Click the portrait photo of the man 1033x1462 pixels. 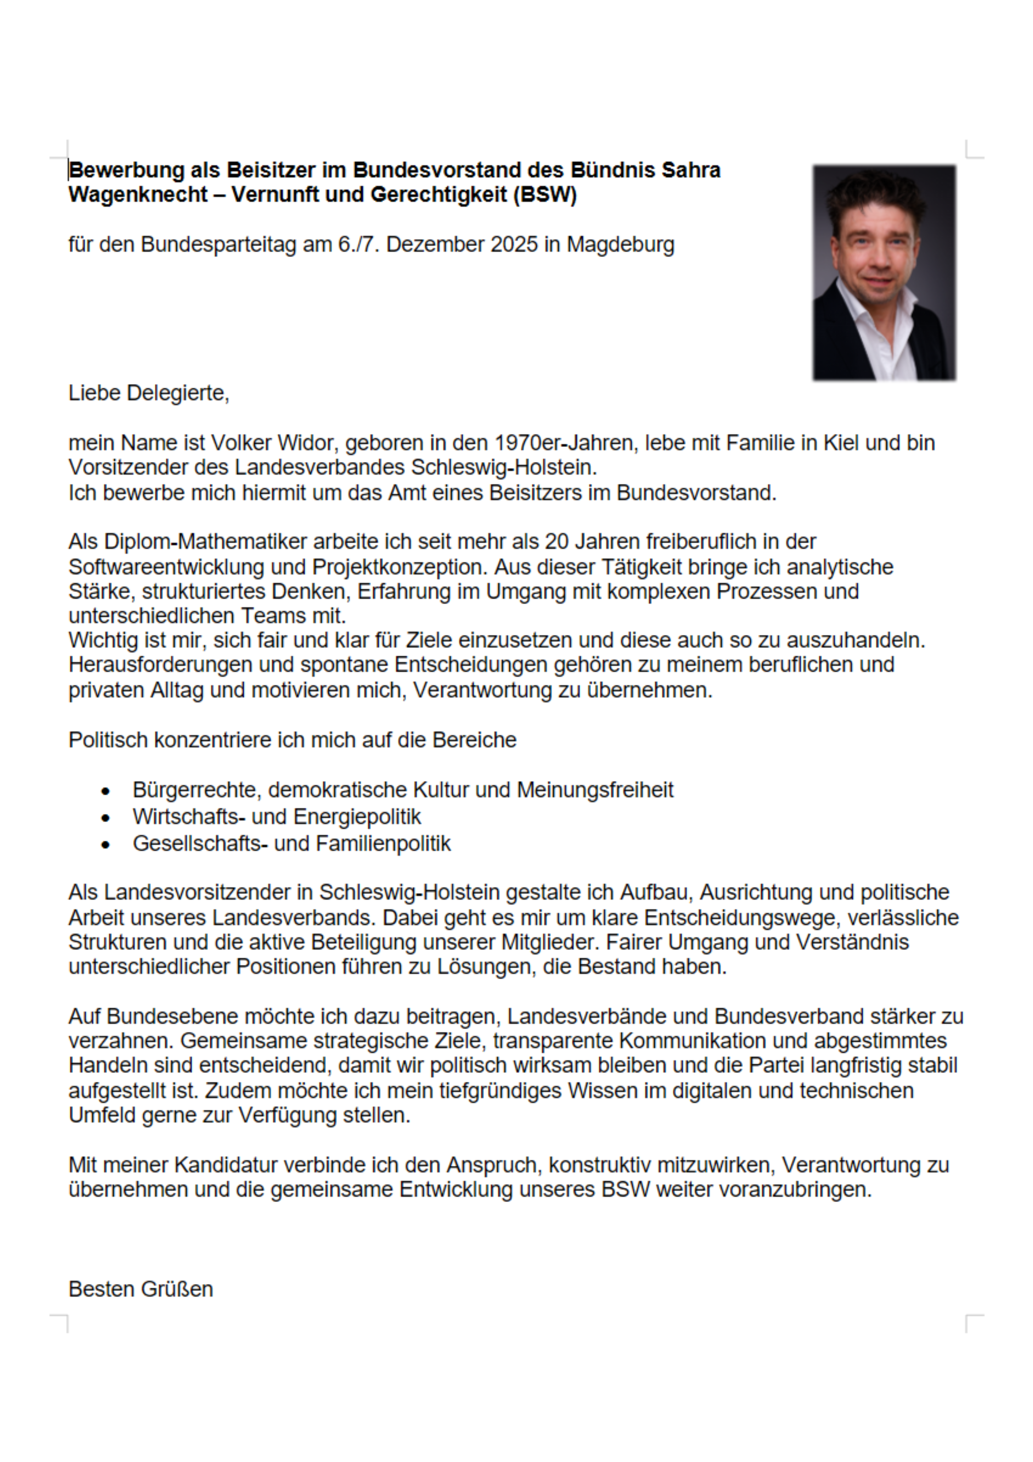click(884, 273)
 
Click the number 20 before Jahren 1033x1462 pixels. click(557, 542)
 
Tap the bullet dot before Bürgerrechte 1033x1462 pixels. click(106, 791)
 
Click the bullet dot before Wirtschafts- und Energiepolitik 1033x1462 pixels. click(106, 818)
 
